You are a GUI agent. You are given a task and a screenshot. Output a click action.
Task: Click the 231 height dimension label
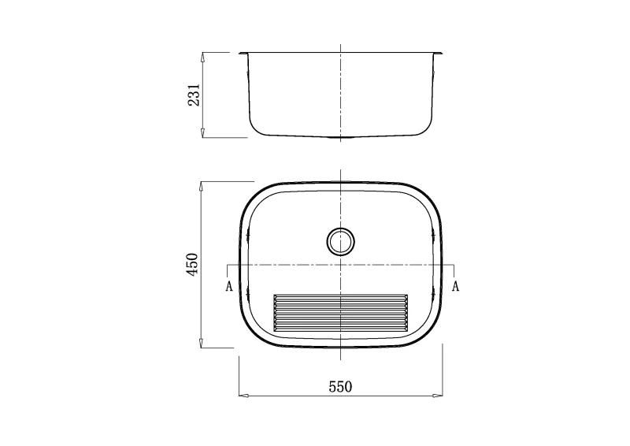(194, 95)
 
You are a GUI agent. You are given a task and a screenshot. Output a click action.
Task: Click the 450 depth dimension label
(193, 264)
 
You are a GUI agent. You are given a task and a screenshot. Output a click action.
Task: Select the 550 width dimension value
(341, 387)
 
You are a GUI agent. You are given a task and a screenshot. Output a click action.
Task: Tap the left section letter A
(229, 286)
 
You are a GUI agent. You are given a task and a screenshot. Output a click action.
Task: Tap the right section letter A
(455, 286)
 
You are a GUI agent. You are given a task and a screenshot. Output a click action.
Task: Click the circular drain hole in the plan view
(341, 241)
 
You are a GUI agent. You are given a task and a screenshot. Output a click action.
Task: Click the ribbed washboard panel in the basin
(341, 313)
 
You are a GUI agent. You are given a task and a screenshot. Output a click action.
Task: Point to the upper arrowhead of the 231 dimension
(203, 57)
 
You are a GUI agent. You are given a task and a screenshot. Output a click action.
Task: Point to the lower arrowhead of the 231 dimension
(203, 133)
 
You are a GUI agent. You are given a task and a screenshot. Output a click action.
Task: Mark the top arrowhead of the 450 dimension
(202, 187)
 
